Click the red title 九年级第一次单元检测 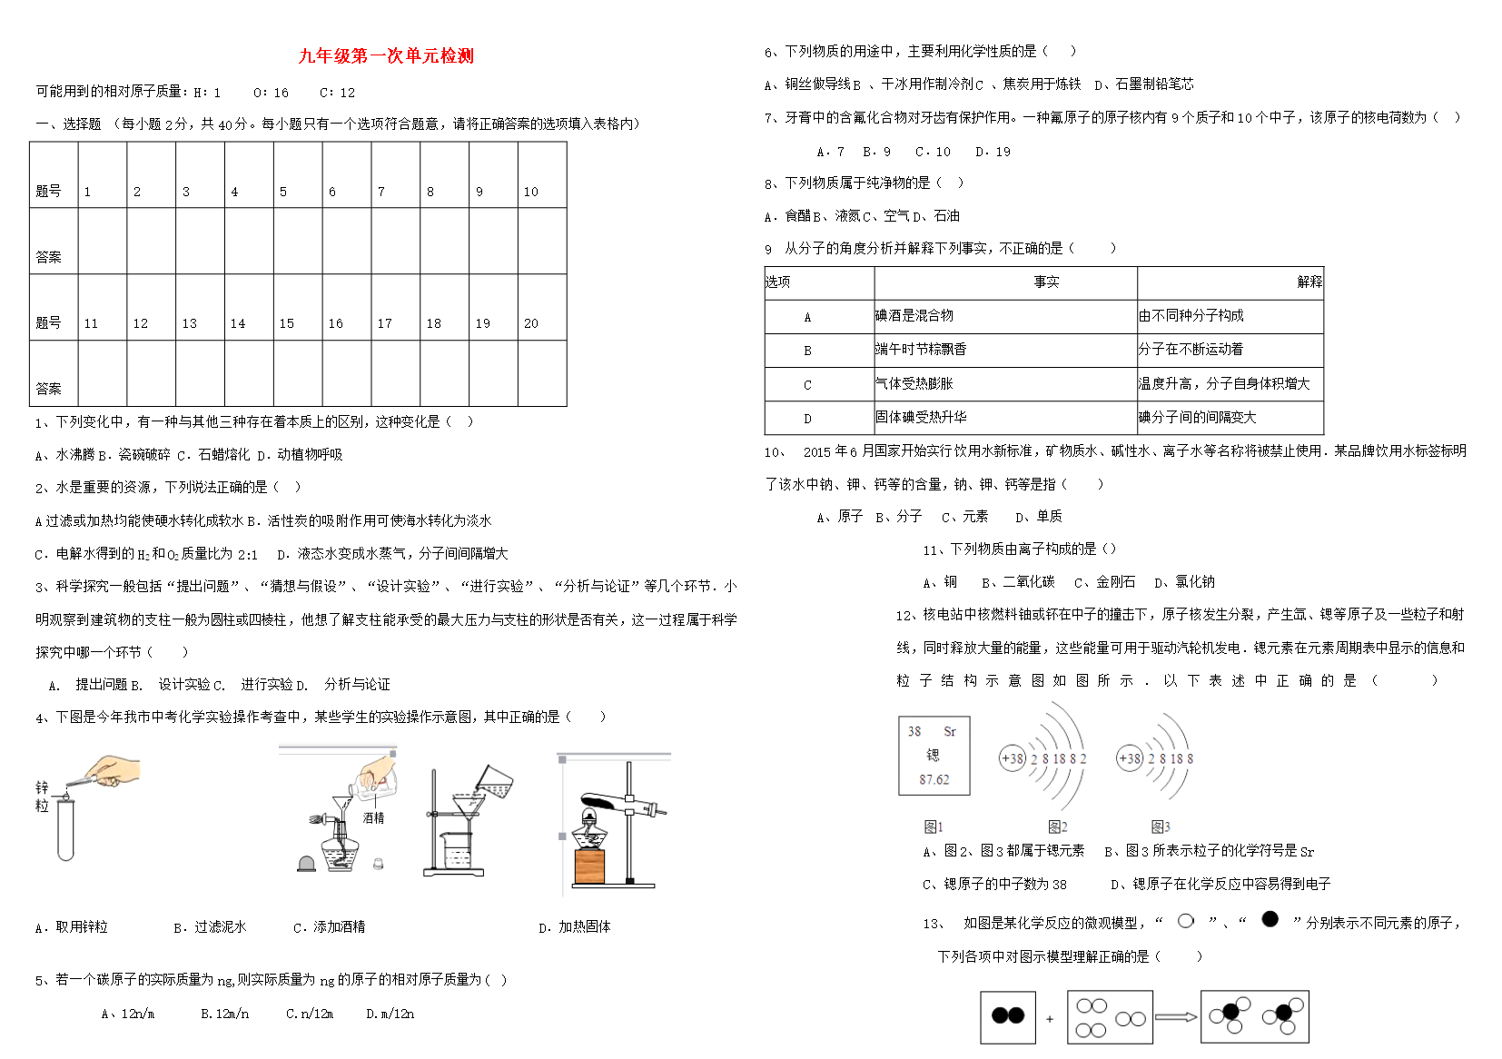click(x=386, y=55)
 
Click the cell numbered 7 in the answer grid click(x=395, y=176)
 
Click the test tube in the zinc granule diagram click(x=65, y=828)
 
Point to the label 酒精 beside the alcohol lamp click(x=373, y=818)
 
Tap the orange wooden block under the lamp click(x=588, y=867)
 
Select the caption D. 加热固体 click(x=574, y=926)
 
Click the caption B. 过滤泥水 click(x=210, y=926)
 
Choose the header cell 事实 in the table click(x=1046, y=282)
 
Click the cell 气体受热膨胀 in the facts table click(x=914, y=384)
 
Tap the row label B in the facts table click(x=807, y=351)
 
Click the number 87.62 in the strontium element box click(x=934, y=780)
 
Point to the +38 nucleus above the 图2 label click(x=1012, y=758)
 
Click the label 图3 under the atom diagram click(x=1161, y=826)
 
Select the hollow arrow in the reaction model click(x=1176, y=1017)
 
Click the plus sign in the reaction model click(x=1050, y=1019)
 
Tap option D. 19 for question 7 click(x=993, y=152)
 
